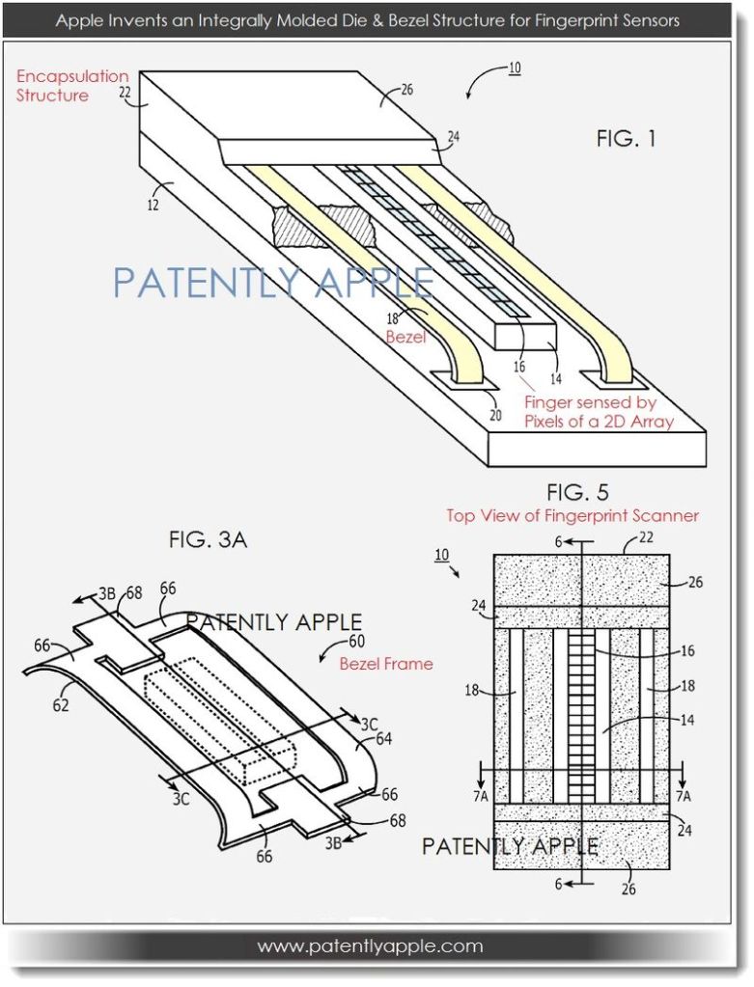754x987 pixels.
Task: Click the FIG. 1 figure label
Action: pyautogui.click(x=626, y=139)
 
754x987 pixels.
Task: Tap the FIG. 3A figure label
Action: pyautogui.click(x=208, y=540)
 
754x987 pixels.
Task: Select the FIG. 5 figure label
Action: pyautogui.click(x=577, y=492)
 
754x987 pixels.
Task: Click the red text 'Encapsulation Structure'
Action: pyautogui.click(x=71, y=86)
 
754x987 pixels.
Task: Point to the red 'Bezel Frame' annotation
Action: pyautogui.click(x=386, y=664)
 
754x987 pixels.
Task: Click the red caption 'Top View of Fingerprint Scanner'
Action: pyautogui.click(x=572, y=516)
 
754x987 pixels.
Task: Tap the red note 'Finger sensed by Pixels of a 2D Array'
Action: pyautogui.click(x=599, y=412)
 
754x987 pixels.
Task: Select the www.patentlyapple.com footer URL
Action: pyautogui.click(x=371, y=946)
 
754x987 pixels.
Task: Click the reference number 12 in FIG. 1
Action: pyautogui.click(x=153, y=205)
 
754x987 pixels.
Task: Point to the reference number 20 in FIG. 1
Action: pyautogui.click(x=495, y=416)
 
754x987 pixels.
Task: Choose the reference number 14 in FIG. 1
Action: pyautogui.click(x=555, y=379)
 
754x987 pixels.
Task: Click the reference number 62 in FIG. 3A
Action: pyautogui.click(x=61, y=705)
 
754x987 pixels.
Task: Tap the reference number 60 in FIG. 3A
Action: pyautogui.click(x=356, y=642)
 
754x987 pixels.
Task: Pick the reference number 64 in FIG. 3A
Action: pyautogui.click(x=383, y=738)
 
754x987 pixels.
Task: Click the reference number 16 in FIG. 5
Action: pyautogui.click(x=687, y=650)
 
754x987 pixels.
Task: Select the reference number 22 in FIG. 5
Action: pyautogui.click(x=646, y=537)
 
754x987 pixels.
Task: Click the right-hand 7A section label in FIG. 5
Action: pyautogui.click(x=683, y=796)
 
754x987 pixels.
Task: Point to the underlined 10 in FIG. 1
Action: pyautogui.click(x=514, y=68)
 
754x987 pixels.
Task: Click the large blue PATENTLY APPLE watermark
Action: pyautogui.click(x=273, y=283)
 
